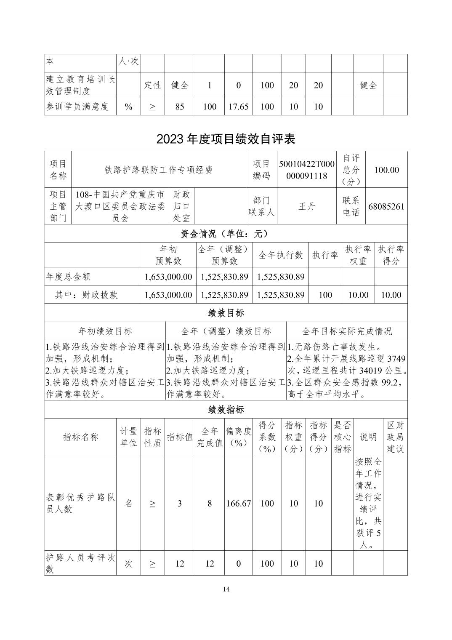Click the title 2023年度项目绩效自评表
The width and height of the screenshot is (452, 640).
point(226,139)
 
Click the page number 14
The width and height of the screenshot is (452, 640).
point(226,589)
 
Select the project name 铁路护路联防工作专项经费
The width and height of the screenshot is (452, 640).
point(159,170)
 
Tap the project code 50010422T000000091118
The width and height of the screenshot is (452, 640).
point(306,170)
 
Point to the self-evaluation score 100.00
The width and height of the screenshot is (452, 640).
point(387,170)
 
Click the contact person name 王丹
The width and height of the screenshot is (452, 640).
point(306,206)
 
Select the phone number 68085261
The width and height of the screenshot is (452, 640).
point(386,206)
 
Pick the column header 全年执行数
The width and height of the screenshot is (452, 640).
point(281,255)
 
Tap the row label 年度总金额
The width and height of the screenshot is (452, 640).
point(68,277)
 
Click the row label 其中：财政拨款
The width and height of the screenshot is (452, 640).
point(86,295)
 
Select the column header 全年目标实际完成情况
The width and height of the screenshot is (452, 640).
point(347,331)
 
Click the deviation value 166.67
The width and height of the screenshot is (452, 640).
point(239,504)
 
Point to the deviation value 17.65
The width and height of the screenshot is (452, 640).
point(239,107)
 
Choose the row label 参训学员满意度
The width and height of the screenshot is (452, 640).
point(77,107)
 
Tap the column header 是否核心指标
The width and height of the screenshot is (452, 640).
point(343,437)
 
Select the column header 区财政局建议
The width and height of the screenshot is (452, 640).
point(395,437)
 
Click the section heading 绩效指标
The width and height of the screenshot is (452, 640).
point(226,410)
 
